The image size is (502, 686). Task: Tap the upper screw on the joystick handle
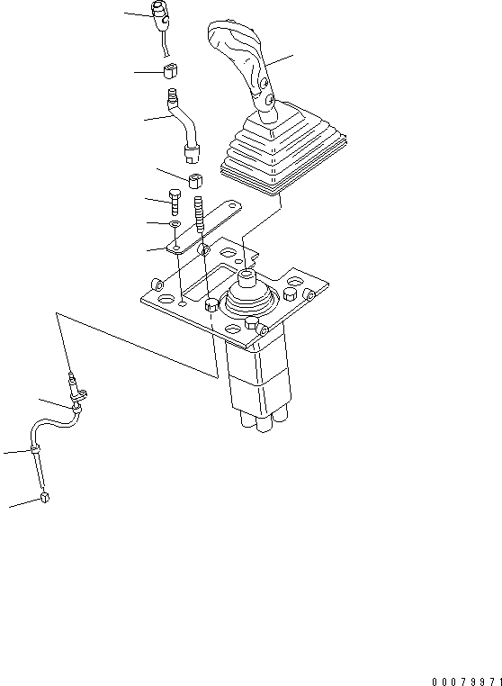264,82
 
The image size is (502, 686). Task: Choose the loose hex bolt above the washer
174,202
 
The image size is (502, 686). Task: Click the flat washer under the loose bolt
175,224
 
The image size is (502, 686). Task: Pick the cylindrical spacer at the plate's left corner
157,284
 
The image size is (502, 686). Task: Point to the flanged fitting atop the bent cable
76,393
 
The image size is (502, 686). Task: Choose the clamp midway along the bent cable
34,449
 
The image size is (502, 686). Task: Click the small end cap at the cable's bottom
44,498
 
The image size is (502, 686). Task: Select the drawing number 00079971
466,681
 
